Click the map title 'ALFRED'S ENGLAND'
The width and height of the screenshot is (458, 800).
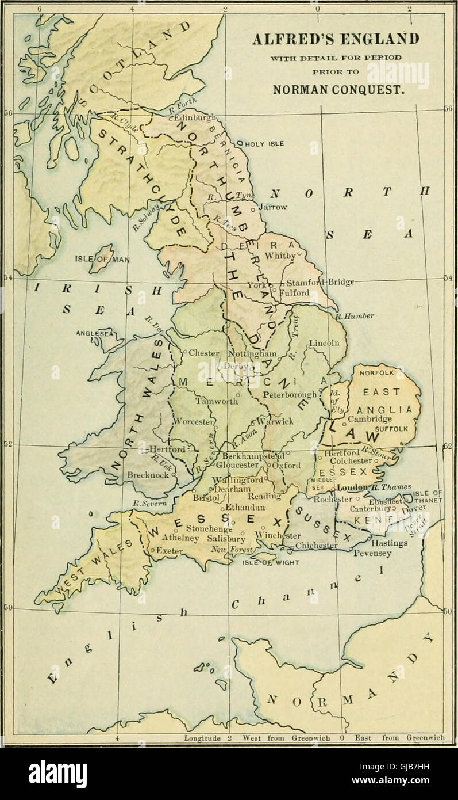(336, 39)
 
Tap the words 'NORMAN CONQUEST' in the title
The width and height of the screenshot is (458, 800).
(336, 90)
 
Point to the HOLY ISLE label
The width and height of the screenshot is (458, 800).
(264, 143)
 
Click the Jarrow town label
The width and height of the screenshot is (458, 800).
(273, 207)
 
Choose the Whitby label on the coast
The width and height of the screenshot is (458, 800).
(281, 255)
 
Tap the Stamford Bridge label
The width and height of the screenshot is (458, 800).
(320, 282)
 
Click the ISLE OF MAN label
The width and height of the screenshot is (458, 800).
(101, 258)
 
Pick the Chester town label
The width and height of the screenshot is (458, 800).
(204, 353)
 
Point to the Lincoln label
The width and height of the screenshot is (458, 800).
(325, 343)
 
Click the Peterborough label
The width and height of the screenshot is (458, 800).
(290, 395)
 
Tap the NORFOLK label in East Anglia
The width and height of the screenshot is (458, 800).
(377, 372)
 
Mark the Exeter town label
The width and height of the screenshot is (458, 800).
(169, 551)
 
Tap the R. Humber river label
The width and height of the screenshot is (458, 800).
(355, 316)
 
